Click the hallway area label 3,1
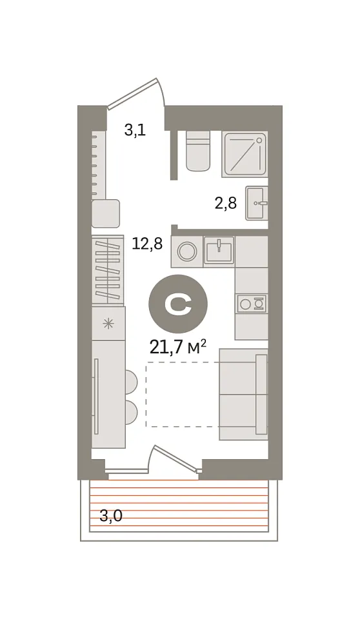(135, 130)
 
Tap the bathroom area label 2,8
(226, 203)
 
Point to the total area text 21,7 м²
(179, 347)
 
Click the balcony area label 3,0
(111, 516)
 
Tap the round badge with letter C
(178, 303)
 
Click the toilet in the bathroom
(197, 151)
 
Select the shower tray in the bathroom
(245, 154)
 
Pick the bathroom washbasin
(257, 203)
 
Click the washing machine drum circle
(185, 251)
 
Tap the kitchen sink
(219, 250)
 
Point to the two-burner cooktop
(250, 304)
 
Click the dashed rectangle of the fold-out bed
(183, 394)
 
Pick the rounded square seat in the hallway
(106, 213)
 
